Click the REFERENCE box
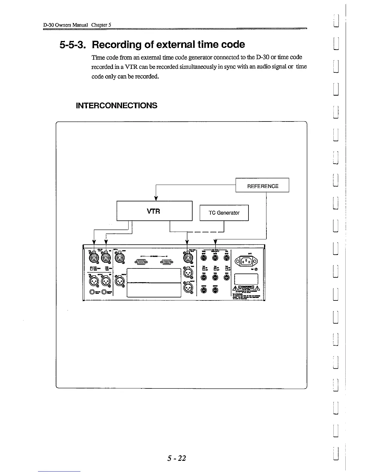coord(262,186)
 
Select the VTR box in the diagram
coord(154,211)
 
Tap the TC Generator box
coord(224,213)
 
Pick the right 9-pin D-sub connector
coord(167,262)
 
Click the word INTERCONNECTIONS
coord(117,105)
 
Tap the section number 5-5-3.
coord(74,45)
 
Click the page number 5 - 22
coord(177,458)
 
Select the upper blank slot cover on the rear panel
coord(154,275)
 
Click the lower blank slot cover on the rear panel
coord(154,290)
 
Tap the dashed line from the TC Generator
coord(205,232)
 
